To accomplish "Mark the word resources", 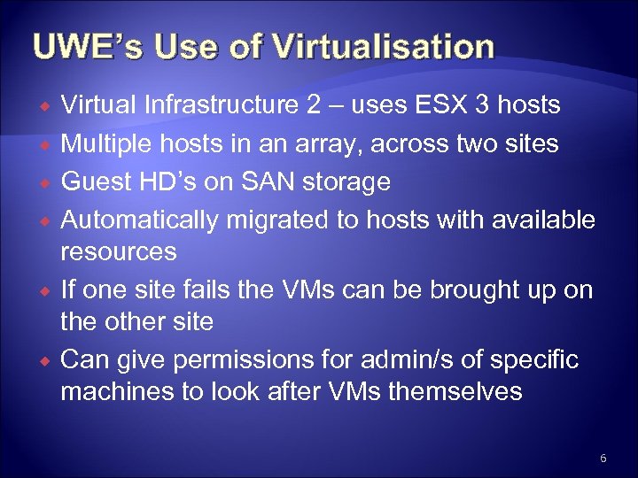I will tap(118, 251).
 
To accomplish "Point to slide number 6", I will tap(603, 458).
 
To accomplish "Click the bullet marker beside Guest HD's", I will tap(43, 183).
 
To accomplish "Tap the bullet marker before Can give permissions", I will tap(43, 360).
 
